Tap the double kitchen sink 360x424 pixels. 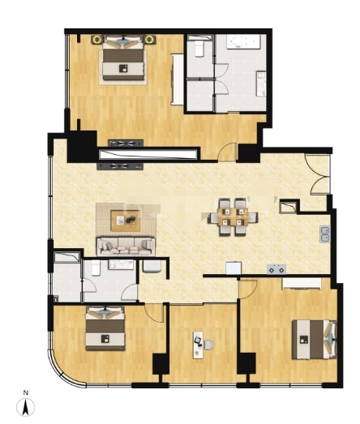pyautogui.click(x=325, y=234)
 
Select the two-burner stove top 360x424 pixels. pyautogui.click(x=276, y=269)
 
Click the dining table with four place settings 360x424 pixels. pyautogui.click(x=233, y=217)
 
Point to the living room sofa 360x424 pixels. pyautogui.click(x=126, y=246)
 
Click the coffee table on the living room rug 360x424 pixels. pyautogui.click(x=126, y=221)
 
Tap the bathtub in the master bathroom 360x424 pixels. pyautogui.click(x=243, y=41)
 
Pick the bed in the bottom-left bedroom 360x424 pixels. pyautogui.click(x=105, y=328)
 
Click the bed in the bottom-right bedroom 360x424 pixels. pyautogui.click(x=315, y=340)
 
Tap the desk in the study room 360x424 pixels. pyautogui.click(x=198, y=345)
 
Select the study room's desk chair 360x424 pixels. pyautogui.click(x=208, y=345)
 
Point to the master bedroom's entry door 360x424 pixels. pyautogui.click(x=227, y=152)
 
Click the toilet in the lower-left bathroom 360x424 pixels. pyautogui.click(x=96, y=268)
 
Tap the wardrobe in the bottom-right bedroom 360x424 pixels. pyautogui.click(x=302, y=284)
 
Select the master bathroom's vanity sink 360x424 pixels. pyautogui.click(x=261, y=84)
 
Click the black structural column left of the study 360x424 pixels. pyautogui.click(x=161, y=364)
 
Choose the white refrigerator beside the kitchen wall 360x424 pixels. pyautogui.click(x=234, y=268)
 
